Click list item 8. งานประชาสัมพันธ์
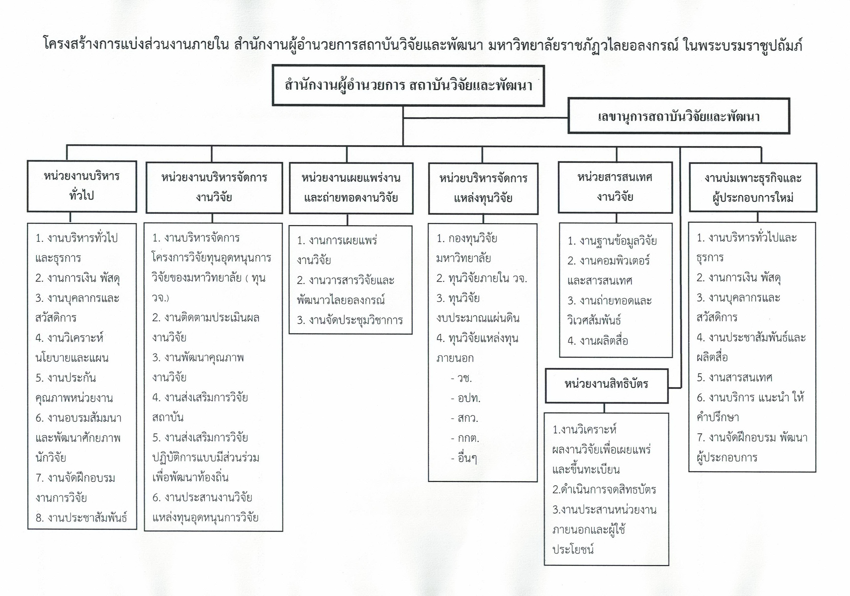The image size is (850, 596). click(x=81, y=518)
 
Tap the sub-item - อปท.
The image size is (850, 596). click(x=465, y=398)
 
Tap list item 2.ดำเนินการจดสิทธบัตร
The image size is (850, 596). click(x=604, y=489)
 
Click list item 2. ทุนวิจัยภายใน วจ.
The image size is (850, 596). click(x=482, y=278)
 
